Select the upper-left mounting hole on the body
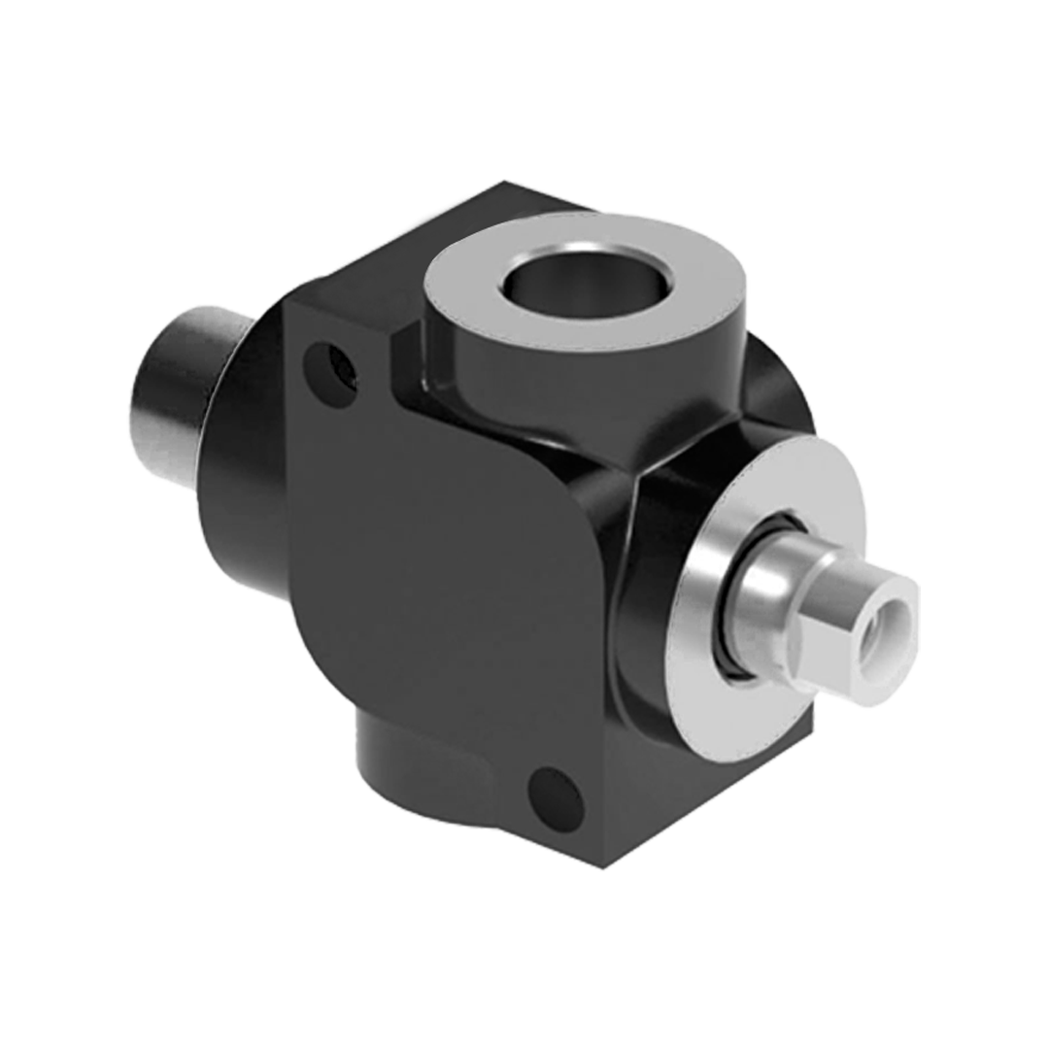(330, 368)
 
